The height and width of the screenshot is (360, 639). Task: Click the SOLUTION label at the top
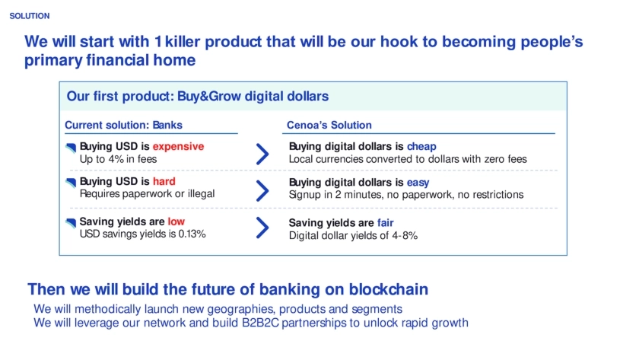[x=30, y=16]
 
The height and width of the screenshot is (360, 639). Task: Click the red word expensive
[x=178, y=146]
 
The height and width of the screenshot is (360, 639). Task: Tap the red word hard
[x=164, y=181]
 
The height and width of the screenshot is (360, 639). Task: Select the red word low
[x=176, y=221]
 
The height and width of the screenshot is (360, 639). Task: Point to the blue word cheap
[x=421, y=146]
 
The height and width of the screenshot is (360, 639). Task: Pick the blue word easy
[x=418, y=183]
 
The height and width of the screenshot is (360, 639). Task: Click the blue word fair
[x=385, y=222]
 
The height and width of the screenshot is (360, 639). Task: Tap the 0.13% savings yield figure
[x=192, y=234]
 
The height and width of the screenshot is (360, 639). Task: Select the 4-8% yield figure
[x=405, y=236]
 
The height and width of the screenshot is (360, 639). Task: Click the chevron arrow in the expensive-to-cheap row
[x=262, y=154]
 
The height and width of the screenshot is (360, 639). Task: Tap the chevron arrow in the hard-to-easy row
[x=262, y=190]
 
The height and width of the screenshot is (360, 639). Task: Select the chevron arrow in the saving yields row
[x=262, y=227]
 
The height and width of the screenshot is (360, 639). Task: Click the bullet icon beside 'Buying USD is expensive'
[x=71, y=148]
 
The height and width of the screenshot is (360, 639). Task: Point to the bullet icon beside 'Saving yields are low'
[x=71, y=222]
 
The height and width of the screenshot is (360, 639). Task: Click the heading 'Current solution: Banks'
[x=123, y=125]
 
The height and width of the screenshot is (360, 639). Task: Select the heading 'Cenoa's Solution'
[x=329, y=125]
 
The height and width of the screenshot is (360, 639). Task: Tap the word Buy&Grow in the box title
[x=209, y=96]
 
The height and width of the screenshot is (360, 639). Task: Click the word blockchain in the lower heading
[x=389, y=289]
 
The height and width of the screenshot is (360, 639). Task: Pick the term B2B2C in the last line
[x=260, y=323]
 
